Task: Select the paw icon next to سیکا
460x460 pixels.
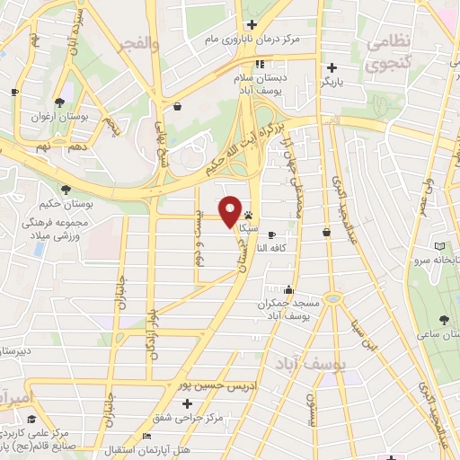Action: (247, 215)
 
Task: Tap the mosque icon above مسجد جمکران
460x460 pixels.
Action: (287, 289)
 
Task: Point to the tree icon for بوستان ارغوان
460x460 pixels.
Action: (59, 102)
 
